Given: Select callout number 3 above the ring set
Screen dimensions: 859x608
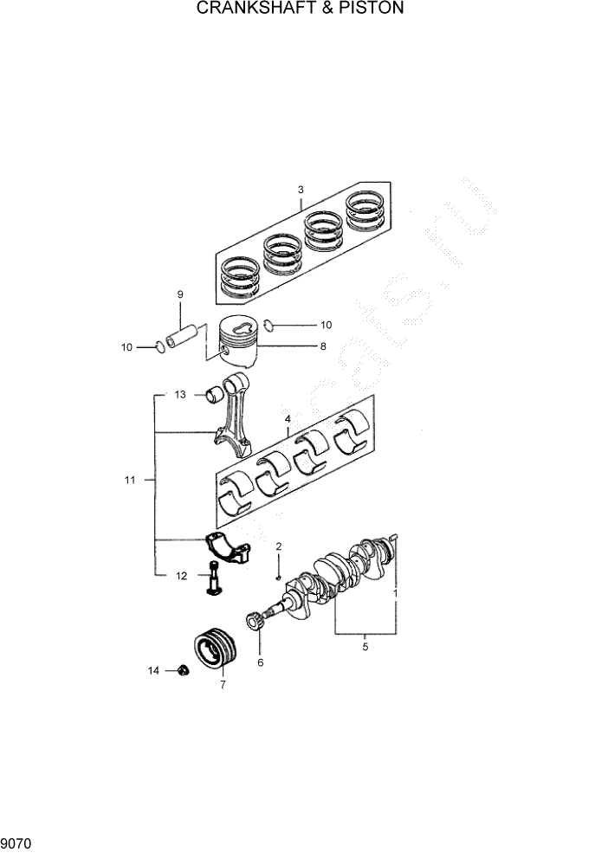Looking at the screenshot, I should click(301, 190).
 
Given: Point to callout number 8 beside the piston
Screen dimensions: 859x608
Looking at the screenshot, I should click(323, 346).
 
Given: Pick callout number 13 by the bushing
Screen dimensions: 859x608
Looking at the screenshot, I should click(180, 395).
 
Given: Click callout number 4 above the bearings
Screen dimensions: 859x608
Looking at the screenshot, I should click(287, 420).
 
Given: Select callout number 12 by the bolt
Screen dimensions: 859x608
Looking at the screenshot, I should click(181, 575).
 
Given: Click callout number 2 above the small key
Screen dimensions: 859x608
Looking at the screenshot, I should click(279, 546).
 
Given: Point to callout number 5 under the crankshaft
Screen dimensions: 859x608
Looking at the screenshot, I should click(365, 646).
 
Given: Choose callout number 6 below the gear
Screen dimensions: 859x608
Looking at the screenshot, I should click(260, 663).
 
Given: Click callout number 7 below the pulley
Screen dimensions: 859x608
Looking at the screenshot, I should click(223, 685).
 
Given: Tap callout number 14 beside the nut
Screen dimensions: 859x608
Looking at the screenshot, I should click(154, 670).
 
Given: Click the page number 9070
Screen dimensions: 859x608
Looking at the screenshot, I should click(17, 841).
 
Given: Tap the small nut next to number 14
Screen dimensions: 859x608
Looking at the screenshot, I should click(183, 670).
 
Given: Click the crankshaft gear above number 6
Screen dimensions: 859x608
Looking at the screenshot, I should click(256, 622).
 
